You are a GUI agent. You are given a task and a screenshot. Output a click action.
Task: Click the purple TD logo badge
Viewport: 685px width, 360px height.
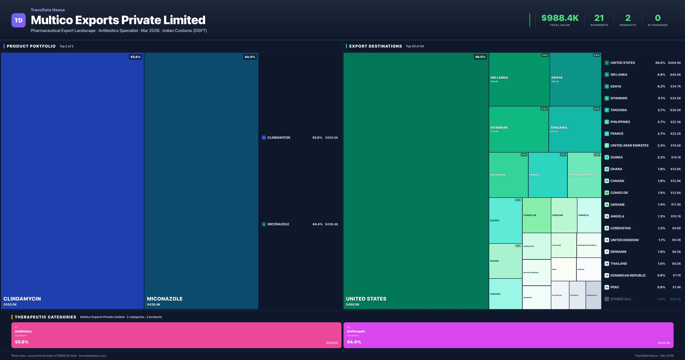18,20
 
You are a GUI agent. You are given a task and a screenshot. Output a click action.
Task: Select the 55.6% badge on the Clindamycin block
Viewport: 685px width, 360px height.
135,57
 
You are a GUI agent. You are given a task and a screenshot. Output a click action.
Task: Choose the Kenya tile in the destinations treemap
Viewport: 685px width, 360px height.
575,79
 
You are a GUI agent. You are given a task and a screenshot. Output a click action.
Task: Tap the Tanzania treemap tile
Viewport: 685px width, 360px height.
575,129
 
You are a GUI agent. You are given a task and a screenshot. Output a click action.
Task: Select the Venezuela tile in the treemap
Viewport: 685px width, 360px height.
593,295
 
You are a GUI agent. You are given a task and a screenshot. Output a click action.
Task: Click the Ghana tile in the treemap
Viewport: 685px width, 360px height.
505,261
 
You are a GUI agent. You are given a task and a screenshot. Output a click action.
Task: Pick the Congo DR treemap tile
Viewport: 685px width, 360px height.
536,215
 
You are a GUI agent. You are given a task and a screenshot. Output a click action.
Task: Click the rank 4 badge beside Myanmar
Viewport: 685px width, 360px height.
607,98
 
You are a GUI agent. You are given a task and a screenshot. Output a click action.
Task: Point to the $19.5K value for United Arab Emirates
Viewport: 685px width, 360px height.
675,145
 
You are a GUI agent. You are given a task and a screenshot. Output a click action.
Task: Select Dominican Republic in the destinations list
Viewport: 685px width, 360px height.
628,275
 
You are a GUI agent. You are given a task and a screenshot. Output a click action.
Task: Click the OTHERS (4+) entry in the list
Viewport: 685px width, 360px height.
620,299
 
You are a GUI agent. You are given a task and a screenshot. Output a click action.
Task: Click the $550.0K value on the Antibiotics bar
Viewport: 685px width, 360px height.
332,343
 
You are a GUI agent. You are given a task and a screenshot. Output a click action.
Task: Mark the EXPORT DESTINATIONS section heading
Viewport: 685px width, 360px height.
375,46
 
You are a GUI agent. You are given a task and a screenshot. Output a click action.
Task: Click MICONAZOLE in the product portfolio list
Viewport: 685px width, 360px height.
278,224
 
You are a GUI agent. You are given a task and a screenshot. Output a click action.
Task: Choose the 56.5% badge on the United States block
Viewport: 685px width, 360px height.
480,57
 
